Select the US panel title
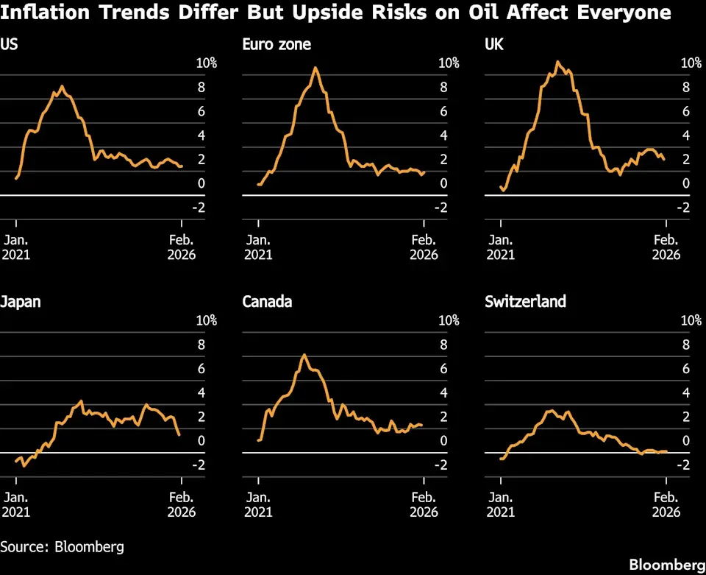tap(9, 44)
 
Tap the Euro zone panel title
tap(277, 44)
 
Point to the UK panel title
tap(494, 44)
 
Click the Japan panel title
tap(21, 301)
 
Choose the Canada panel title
tap(267, 301)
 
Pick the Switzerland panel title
tap(525, 301)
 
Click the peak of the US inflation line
tap(62, 86)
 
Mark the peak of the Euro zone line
tap(315, 68)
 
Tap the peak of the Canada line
tap(304, 355)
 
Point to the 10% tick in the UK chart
tap(691, 63)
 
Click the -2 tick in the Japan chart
tap(199, 465)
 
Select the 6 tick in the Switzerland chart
tap(685, 369)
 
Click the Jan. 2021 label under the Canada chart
tap(258, 504)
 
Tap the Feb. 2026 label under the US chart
tap(182, 247)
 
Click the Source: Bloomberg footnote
tap(62, 546)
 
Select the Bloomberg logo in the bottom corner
tap(667, 565)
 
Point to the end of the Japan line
tap(179, 435)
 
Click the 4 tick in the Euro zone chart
tap(443, 135)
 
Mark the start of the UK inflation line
tap(501, 186)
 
